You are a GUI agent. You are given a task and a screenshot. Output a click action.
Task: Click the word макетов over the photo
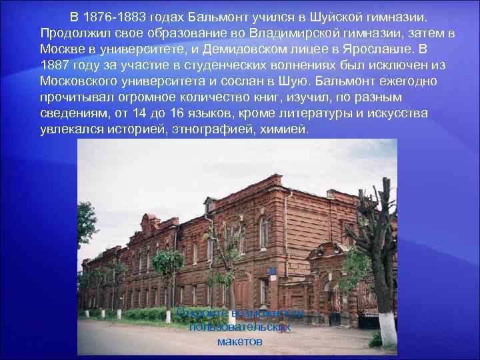click(239, 341)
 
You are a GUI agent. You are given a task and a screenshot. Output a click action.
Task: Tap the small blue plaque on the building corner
click(272, 271)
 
